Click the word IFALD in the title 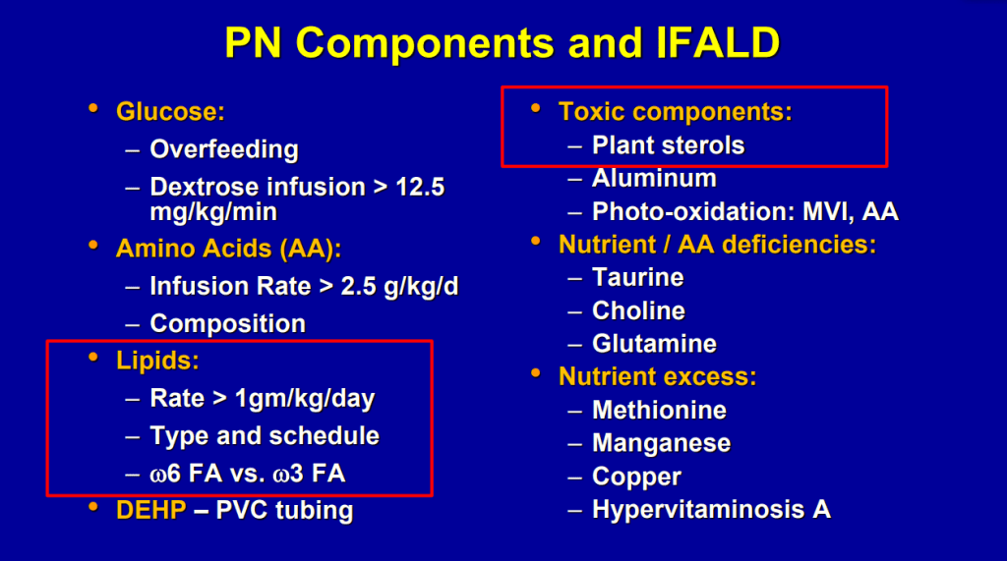[x=718, y=43]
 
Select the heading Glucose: [x=170, y=112]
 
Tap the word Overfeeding [x=224, y=150]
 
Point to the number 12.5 [x=420, y=188]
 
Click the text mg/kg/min [x=213, y=212]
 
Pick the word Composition [x=227, y=324]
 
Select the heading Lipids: [x=157, y=361]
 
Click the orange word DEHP [x=150, y=510]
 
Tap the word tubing [x=315, y=511]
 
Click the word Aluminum [x=654, y=179]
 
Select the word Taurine [x=637, y=278]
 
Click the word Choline [x=638, y=311]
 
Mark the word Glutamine [x=654, y=344]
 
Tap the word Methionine [x=659, y=410]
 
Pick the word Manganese [x=661, y=443]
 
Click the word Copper [x=636, y=477]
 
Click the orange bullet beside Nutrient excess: [x=536, y=373]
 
